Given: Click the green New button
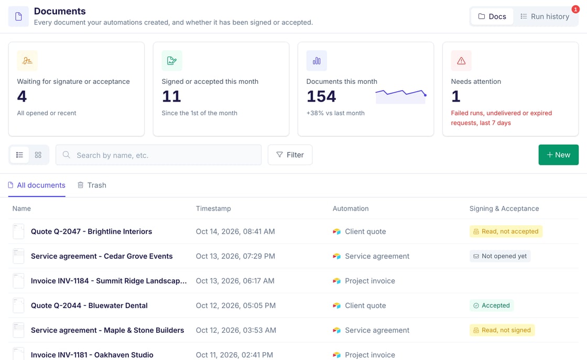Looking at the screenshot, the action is (558, 155).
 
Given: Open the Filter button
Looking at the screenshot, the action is (290, 155).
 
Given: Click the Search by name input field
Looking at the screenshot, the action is (158, 155).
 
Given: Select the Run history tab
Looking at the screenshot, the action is (545, 16).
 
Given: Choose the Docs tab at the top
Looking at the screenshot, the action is (492, 16).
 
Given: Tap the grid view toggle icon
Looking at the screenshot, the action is (38, 155).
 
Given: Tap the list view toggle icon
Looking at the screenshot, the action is (19, 155).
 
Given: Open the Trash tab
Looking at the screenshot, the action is (92, 185).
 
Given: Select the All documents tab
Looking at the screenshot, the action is (37, 185).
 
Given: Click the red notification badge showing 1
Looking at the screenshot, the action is (575, 9).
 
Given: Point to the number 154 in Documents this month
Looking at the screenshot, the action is (321, 96).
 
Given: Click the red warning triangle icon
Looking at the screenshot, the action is (461, 61).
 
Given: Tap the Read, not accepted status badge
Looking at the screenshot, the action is (506, 231).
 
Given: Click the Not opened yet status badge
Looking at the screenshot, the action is (500, 256).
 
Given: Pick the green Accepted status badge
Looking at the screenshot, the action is (492, 306).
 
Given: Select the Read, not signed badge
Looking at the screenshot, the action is (502, 330).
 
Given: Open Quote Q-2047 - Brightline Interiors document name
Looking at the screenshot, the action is (91, 231).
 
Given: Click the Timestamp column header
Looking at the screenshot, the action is (213, 209).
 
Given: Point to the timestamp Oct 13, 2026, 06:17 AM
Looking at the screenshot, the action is (235, 281).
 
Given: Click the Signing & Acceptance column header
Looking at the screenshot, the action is (504, 209).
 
